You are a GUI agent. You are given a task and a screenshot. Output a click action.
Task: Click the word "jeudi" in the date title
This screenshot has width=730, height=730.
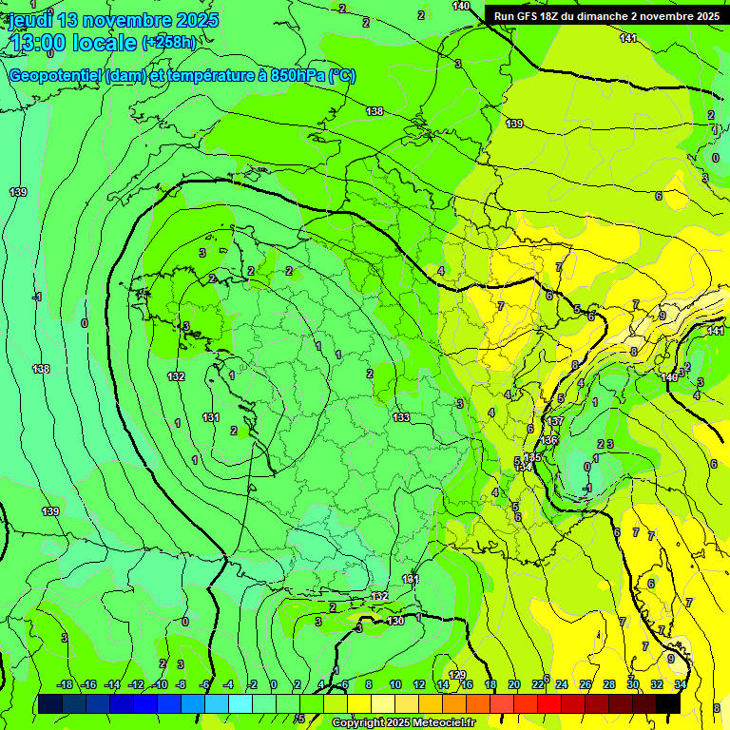pos(30,20)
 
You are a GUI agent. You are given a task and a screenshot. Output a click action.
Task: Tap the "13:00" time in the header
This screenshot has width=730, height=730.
pos(38,43)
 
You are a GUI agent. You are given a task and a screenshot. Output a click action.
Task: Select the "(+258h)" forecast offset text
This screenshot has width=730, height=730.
pos(169,43)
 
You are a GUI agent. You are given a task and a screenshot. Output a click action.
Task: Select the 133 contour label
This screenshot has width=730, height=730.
pos(401,417)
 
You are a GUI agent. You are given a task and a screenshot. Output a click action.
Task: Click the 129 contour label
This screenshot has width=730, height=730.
pos(457,675)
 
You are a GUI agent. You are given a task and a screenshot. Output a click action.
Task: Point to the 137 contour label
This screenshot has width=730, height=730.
pos(556,421)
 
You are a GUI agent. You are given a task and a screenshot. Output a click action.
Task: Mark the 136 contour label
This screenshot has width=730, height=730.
pos(548,440)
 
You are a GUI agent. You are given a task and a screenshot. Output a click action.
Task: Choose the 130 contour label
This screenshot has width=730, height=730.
pos(395,621)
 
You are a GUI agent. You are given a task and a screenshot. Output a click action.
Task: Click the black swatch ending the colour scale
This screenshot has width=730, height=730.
pos(668,702)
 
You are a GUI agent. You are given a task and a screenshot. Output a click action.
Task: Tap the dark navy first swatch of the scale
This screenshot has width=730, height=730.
pos(51,702)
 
